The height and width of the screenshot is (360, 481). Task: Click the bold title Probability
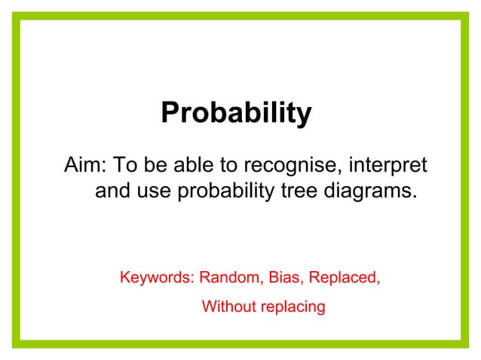coord(235,114)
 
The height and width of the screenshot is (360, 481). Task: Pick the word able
coord(189,165)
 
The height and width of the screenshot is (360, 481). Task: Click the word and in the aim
coord(113,191)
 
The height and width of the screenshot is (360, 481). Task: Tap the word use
coord(154,191)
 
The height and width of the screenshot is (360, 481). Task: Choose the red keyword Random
coord(230,277)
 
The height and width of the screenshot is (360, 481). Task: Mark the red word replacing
coord(291,307)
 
